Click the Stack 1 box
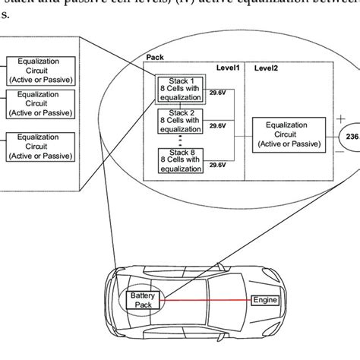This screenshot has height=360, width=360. (180, 91)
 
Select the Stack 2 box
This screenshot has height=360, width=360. (180, 122)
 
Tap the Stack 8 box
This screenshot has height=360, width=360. (180, 162)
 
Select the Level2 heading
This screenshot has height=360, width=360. (266, 68)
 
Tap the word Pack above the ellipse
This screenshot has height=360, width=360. (153, 57)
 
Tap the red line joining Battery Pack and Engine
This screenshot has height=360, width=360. (205, 300)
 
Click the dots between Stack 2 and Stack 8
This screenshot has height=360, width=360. (180, 141)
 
